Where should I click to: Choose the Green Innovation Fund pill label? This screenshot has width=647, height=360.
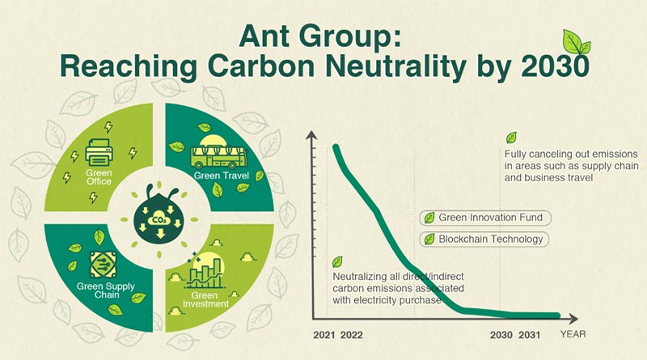(482, 218)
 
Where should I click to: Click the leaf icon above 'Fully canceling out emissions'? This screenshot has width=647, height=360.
(511, 138)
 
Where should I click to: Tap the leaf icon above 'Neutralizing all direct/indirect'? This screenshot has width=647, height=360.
(337, 262)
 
